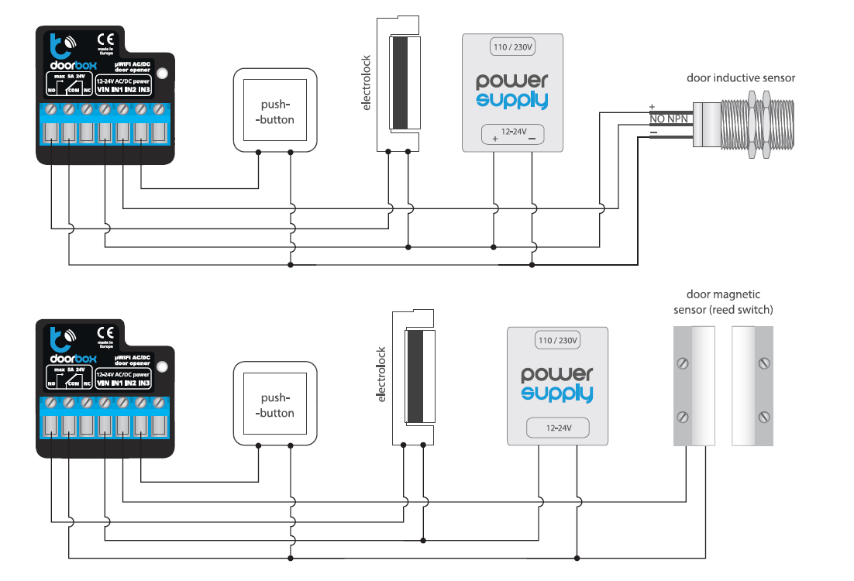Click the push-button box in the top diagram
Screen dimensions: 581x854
(x=275, y=111)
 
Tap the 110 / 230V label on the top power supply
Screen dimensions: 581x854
(x=513, y=48)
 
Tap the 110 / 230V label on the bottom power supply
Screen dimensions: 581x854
(x=558, y=340)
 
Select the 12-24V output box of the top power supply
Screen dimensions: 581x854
(x=512, y=134)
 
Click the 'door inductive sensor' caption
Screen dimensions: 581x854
(x=741, y=78)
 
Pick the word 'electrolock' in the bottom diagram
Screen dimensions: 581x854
(x=381, y=373)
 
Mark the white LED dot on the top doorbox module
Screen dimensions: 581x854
(x=162, y=74)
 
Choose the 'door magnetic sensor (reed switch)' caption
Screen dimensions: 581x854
(x=724, y=302)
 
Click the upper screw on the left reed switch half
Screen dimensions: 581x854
(x=683, y=363)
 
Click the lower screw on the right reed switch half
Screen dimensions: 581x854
(x=764, y=417)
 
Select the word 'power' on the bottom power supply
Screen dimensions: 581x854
(x=558, y=373)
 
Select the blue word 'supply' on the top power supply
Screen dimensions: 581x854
(x=512, y=100)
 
